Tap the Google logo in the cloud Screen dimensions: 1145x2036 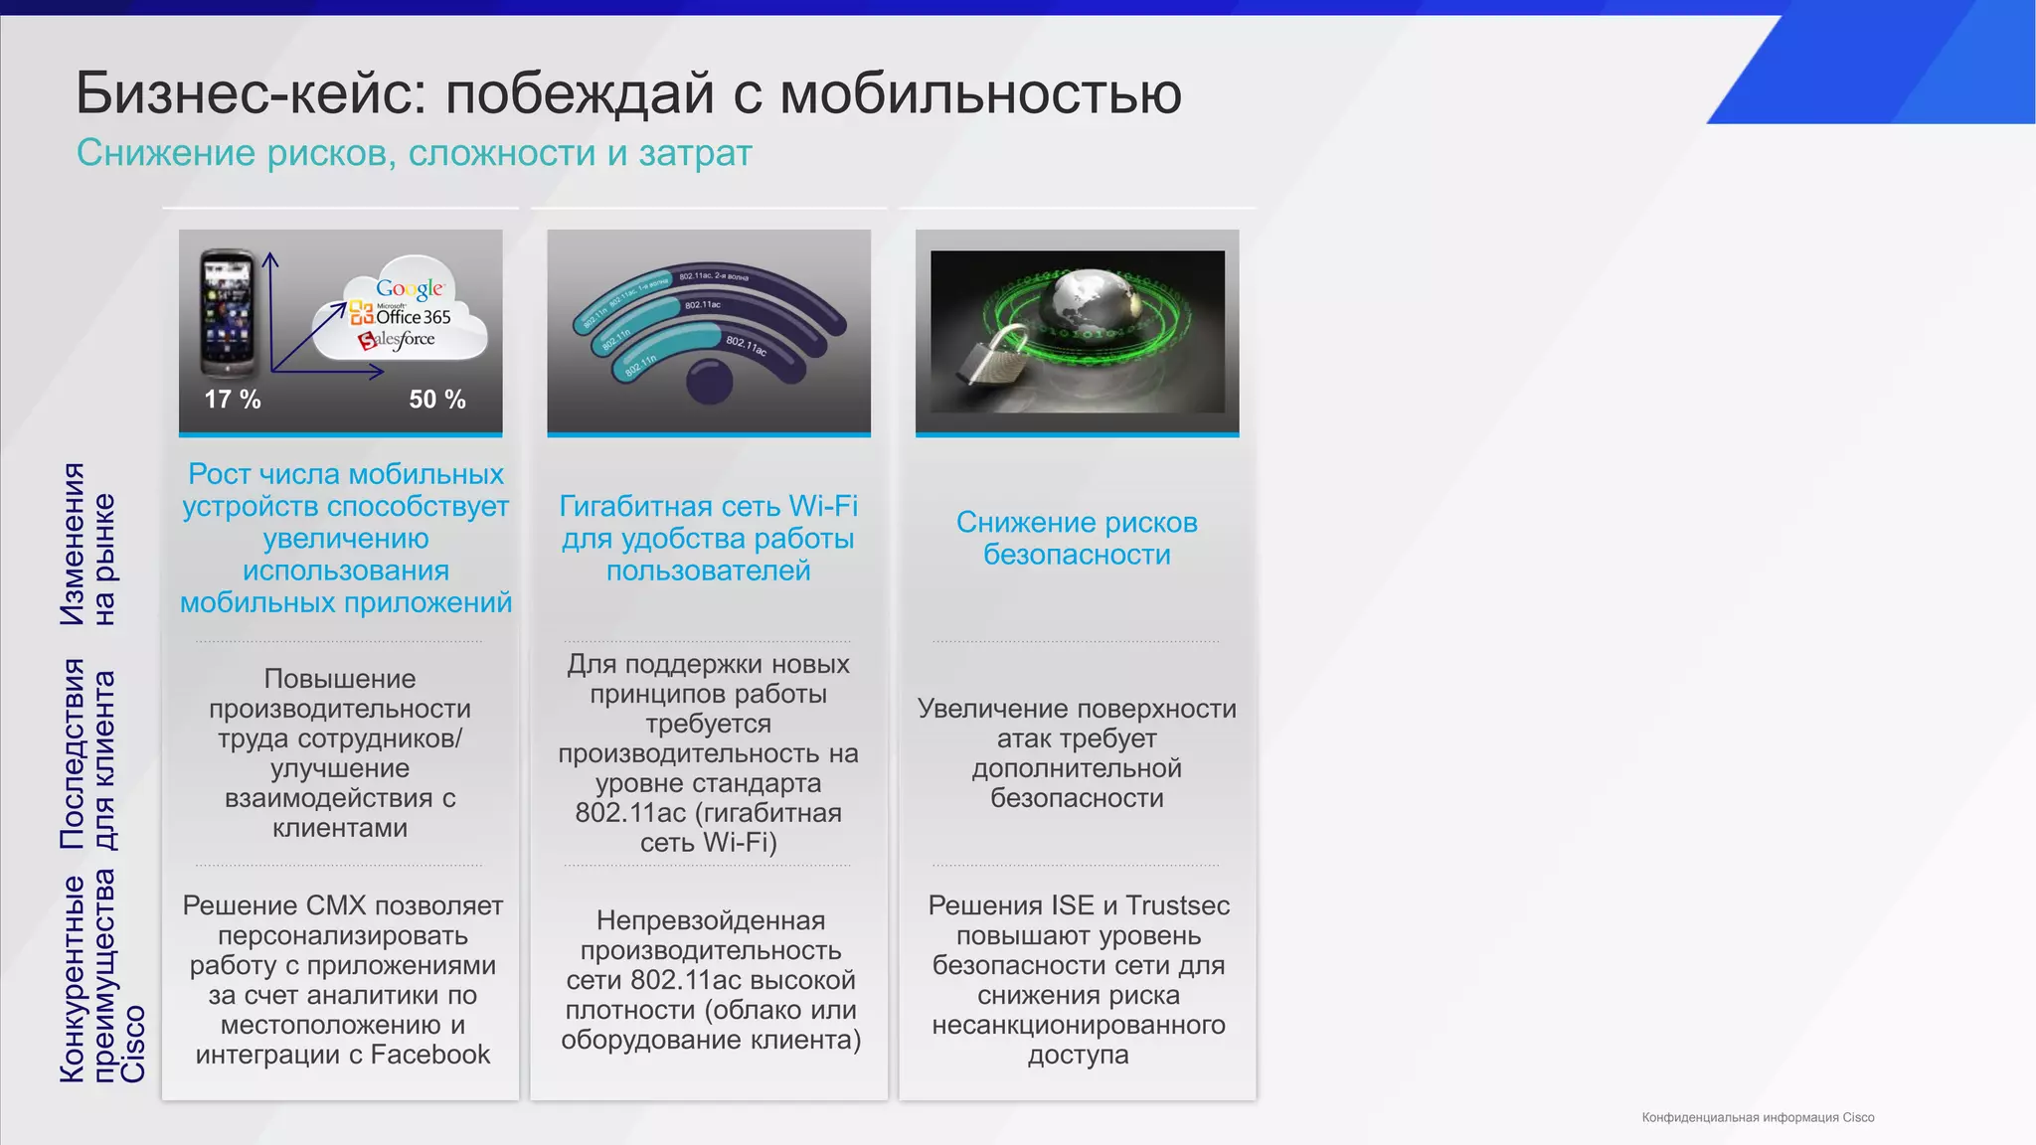[x=410, y=289]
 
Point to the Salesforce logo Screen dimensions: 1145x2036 [x=397, y=340]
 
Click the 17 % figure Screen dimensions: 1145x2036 [x=233, y=400]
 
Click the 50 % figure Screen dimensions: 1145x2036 [x=437, y=400]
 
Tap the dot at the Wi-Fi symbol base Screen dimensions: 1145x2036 [x=709, y=382]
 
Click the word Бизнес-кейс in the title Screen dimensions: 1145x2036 [x=243, y=93]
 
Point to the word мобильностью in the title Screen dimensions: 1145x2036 [x=980, y=93]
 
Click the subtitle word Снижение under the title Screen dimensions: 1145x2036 [x=166, y=153]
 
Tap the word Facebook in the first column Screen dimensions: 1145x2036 [x=429, y=1055]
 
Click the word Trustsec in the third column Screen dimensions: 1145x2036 [x=1177, y=905]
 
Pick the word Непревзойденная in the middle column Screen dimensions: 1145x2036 [x=710, y=920]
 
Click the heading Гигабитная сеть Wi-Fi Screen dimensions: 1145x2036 [x=708, y=506]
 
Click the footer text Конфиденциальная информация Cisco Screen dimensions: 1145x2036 [x=1758, y=1118]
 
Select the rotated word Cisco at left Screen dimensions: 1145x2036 [x=134, y=1044]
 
